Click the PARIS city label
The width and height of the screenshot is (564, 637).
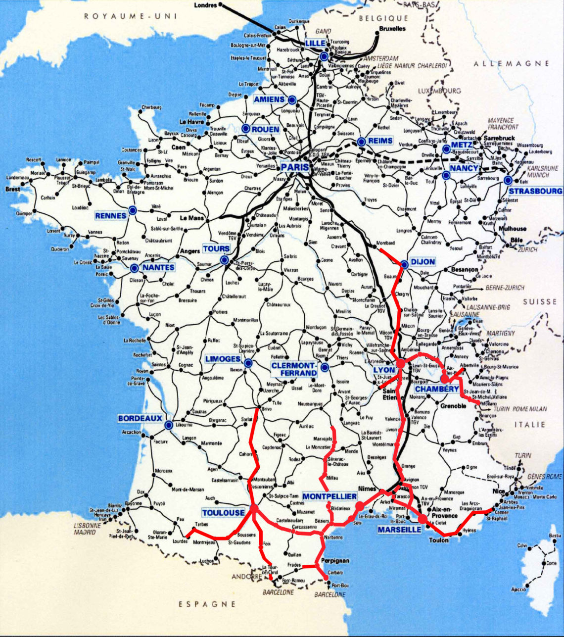295,167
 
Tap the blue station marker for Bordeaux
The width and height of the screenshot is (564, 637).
169,425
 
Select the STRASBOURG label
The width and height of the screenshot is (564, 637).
535,191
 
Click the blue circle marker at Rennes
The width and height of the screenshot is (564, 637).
133,210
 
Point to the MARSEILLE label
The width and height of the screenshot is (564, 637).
399,530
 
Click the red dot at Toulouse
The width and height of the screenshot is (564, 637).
254,508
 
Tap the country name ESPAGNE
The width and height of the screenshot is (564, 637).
207,604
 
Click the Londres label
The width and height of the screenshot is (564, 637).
206,5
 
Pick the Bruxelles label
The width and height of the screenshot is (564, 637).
392,29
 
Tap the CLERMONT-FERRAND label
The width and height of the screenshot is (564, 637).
294,369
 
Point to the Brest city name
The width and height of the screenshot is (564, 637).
13,189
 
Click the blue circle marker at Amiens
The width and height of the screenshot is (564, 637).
292,99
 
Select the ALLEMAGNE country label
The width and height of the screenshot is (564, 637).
512,63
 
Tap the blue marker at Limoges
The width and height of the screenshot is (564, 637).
248,363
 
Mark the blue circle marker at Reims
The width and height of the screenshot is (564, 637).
361,142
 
